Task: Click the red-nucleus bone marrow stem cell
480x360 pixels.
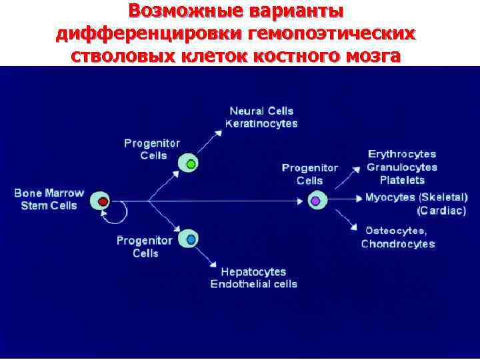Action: (102, 201)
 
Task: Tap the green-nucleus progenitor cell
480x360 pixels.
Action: (190, 163)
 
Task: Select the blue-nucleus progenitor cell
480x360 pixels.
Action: (191, 239)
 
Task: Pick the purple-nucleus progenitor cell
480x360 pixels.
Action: (316, 200)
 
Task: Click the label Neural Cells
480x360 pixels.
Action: (261, 111)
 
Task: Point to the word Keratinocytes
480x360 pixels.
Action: (261, 124)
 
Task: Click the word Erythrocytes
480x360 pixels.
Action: (402, 154)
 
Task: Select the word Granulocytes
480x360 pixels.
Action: (402, 167)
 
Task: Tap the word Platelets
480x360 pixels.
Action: (402, 180)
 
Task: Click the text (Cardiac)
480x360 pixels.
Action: (442, 211)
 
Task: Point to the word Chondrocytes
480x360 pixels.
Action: (398, 243)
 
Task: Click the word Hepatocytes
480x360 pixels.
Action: (253, 272)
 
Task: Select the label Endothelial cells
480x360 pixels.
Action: (254, 285)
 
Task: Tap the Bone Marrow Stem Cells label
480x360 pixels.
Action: (49, 199)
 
